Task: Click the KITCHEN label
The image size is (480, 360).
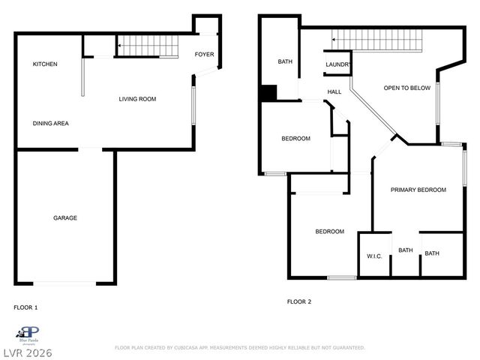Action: pyautogui.click(x=45, y=64)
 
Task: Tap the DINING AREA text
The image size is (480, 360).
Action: pyautogui.click(x=51, y=123)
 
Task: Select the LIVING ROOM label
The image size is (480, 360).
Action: pyautogui.click(x=137, y=99)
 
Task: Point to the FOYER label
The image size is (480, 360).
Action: pyautogui.click(x=204, y=55)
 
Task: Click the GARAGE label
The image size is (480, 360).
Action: pyautogui.click(x=65, y=218)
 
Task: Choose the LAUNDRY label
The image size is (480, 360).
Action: pyautogui.click(x=337, y=65)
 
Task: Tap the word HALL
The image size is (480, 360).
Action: pyautogui.click(x=334, y=92)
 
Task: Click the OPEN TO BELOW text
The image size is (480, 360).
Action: pyautogui.click(x=407, y=88)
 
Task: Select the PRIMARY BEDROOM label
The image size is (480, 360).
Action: pyautogui.click(x=418, y=190)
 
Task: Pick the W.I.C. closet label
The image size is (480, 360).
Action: pyautogui.click(x=374, y=256)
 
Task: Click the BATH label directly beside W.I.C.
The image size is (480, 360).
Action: pyautogui.click(x=405, y=250)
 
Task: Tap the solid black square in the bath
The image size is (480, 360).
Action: pyautogui.click(x=268, y=93)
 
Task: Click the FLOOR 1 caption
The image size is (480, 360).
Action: pyautogui.click(x=25, y=307)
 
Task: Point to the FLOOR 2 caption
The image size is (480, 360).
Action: pyautogui.click(x=298, y=301)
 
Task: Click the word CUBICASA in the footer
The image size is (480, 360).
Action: pyautogui.click(x=190, y=348)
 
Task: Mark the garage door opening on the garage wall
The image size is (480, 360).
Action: pyautogui.click(x=65, y=283)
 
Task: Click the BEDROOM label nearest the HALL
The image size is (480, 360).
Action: pyautogui.click(x=295, y=139)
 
